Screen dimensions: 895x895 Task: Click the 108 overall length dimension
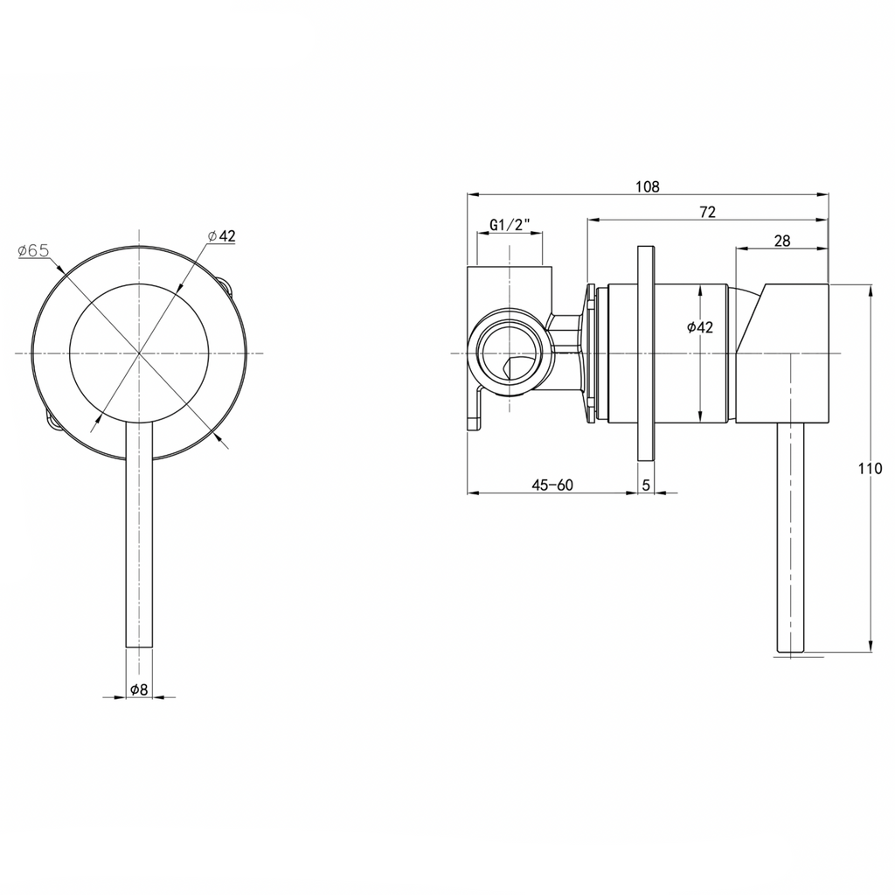click(648, 187)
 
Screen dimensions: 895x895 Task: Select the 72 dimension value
click(707, 212)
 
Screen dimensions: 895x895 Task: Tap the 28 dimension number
click(782, 241)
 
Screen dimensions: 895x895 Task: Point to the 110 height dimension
click(870, 469)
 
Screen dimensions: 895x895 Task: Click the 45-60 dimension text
click(552, 486)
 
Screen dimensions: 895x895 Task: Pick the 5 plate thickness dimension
click(646, 486)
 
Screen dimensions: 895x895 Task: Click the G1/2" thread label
click(510, 225)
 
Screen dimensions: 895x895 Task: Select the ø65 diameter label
click(34, 250)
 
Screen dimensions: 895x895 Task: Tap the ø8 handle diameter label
click(139, 689)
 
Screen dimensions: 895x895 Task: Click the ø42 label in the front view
click(221, 235)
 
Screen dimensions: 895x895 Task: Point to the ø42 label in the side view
click(700, 327)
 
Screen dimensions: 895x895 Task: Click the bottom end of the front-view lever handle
click(139, 647)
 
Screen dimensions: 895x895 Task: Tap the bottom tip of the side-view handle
click(790, 651)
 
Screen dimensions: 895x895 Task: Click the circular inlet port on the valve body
click(508, 353)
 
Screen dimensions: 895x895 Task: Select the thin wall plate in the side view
click(646, 353)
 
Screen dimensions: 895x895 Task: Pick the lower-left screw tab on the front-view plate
click(52, 421)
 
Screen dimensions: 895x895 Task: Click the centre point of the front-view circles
click(139, 353)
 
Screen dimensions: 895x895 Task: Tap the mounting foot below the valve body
click(475, 408)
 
